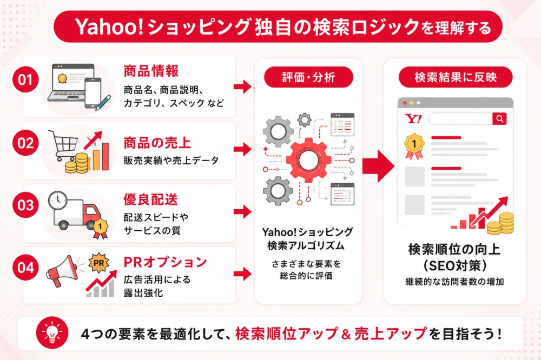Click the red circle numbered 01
tap(25, 79)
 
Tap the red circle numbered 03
tap(25, 205)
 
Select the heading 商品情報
tap(151, 71)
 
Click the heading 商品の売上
tap(157, 143)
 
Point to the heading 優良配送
tap(151, 199)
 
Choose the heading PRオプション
tap(165, 262)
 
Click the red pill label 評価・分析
tap(308, 77)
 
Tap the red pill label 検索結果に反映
tap(456, 77)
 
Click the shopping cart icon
tap(63, 145)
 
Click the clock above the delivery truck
tap(57, 200)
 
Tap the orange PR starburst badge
tap(98, 263)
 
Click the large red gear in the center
tap(306, 161)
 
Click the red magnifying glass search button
tap(499, 118)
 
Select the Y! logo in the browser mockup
tap(413, 119)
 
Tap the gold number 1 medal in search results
tap(414, 146)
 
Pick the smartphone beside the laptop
tap(93, 93)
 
